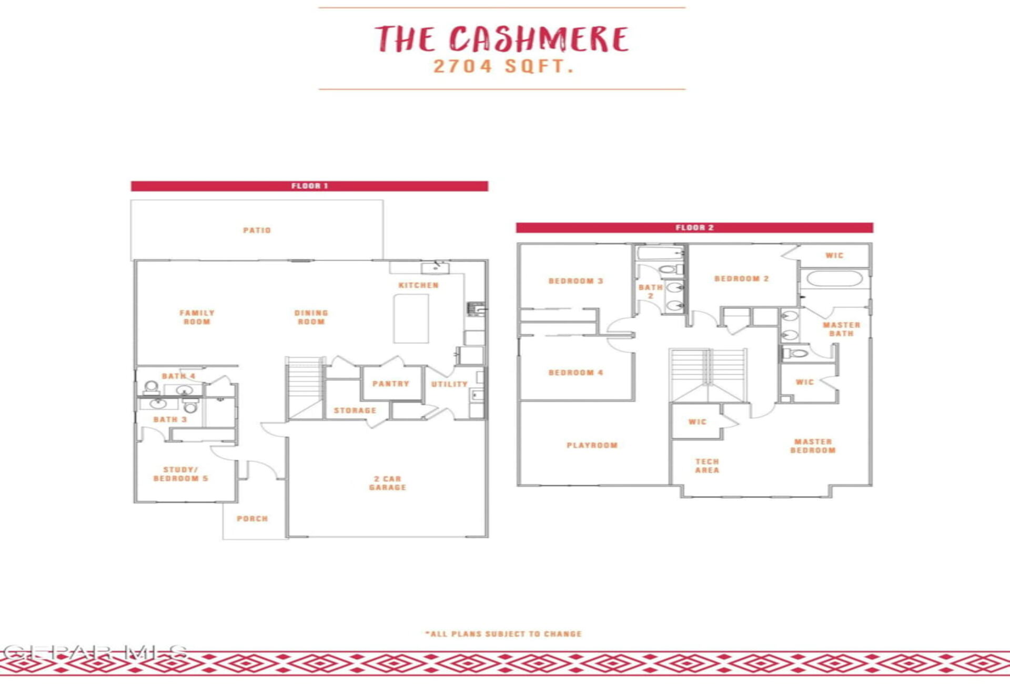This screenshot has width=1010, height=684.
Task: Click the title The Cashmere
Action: [x=502, y=39]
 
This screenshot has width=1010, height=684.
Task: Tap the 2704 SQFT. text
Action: [x=503, y=66]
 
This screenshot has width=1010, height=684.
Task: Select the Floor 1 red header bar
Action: [x=309, y=186]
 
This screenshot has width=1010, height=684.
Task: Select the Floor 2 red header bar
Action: [x=694, y=227]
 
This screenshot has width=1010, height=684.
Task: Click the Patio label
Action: [x=257, y=230]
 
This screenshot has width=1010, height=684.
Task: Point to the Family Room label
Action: [x=197, y=317]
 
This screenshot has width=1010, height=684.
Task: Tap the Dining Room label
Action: [x=311, y=317]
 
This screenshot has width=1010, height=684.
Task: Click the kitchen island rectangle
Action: [x=411, y=318]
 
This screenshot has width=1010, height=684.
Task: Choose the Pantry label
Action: [x=390, y=384]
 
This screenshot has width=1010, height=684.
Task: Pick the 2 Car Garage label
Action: [x=388, y=483]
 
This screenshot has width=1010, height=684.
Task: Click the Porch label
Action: [x=252, y=519]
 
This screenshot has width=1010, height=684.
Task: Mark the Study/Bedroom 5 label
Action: [x=180, y=474]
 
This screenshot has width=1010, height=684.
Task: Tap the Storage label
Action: [x=355, y=410]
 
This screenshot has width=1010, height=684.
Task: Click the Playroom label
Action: [x=592, y=445]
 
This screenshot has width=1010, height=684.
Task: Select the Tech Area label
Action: [x=707, y=466]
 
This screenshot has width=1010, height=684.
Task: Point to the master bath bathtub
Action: [x=834, y=278]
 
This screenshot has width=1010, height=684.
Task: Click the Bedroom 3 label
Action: [x=575, y=281]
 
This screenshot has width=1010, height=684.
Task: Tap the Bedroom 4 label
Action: [x=575, y=373]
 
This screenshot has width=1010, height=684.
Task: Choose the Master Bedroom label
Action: [x=813, y=446]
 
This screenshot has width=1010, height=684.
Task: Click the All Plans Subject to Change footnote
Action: [x=503, y=634]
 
